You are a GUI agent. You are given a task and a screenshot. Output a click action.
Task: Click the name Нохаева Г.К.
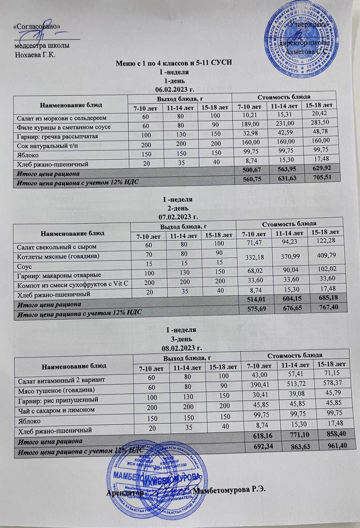[36, 55]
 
